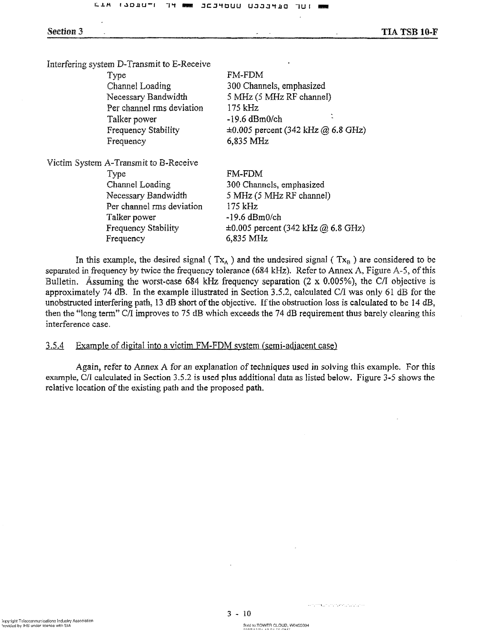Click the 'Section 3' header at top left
[x=65, y=31]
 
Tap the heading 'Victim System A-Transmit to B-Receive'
[x=122, y=163]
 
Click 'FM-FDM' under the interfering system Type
[x=245, y=75]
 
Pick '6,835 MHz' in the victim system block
[x=247, y=239]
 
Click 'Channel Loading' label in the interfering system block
[x=139, y=86]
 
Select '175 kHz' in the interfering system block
[x=243, y=108]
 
